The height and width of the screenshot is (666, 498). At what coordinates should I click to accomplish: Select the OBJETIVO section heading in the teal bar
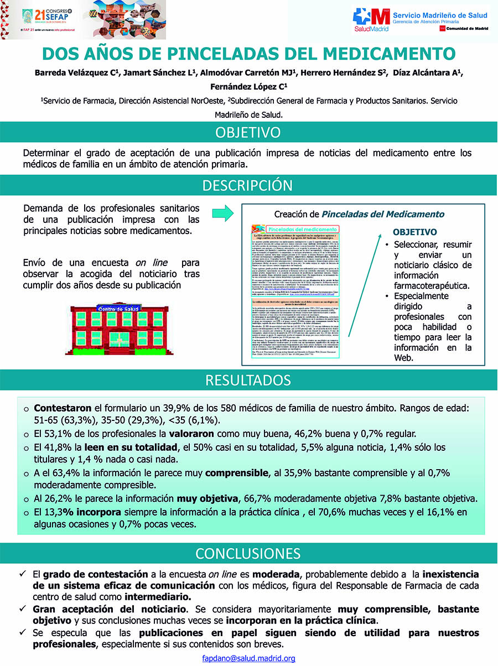(248, 133)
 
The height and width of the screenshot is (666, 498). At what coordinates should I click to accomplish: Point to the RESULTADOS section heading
(248, 380)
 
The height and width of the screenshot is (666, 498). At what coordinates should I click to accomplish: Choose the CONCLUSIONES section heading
(248, 553)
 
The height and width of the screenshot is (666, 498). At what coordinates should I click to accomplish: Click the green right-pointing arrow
(222, 214)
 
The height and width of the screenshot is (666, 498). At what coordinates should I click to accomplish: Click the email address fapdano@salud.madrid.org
(248, 658)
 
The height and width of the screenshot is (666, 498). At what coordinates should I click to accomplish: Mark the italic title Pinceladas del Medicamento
(383, 214)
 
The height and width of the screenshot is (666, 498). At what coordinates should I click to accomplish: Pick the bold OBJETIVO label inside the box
(414, 232)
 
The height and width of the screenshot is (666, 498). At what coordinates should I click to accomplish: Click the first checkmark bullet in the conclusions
(23, 574)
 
